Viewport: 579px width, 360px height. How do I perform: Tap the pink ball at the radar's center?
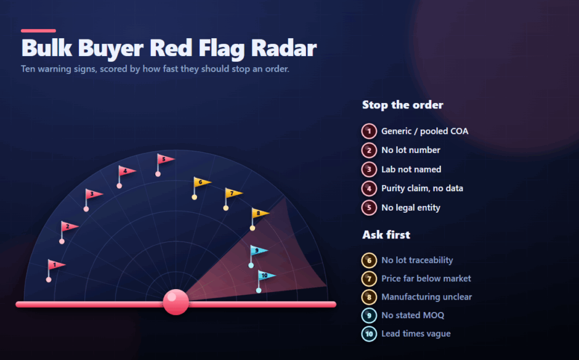coord(176,302)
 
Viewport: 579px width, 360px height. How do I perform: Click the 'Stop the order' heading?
coord(402,105)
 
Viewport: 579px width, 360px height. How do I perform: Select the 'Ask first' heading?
coord(386,235)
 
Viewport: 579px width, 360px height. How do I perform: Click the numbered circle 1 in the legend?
coord(369,131)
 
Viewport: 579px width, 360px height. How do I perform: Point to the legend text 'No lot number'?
coord(411,150)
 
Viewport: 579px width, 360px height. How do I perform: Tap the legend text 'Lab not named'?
coord(411,170)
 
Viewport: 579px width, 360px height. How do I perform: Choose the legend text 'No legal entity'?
coord(411,208)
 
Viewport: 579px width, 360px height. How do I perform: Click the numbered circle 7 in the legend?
coord(369,279)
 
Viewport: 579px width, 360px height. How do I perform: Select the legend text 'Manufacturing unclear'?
coord(426,297)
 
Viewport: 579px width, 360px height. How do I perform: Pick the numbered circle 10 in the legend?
coord(369,334)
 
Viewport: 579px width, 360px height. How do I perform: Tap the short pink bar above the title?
coord(38,31)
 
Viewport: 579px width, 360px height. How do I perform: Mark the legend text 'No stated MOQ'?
coord(413,315)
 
